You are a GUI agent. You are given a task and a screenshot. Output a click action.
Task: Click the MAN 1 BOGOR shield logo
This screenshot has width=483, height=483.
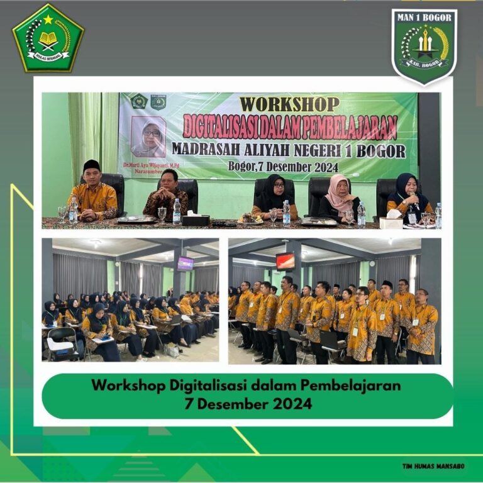[x=425, y=45]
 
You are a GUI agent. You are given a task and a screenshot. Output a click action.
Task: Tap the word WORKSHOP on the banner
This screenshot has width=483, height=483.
[x=289, y=104]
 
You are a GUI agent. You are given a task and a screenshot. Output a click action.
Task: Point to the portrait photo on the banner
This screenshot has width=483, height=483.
[x=148, y=136]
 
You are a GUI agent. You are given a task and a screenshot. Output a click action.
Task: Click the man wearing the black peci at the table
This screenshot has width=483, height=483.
[x=93, y=192]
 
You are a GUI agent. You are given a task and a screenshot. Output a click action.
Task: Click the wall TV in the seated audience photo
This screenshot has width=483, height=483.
[x=185, y=264]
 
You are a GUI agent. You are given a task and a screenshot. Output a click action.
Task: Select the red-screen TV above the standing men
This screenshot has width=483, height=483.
[x=285, y=260]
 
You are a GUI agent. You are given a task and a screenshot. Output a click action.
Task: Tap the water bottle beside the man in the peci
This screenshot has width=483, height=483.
[x=74, y=211]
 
